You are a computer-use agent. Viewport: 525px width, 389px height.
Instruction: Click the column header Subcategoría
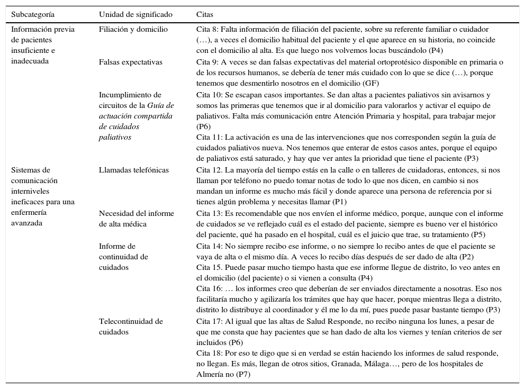(x=33, y=14)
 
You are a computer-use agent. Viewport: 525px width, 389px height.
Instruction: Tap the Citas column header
(x=205, y=14)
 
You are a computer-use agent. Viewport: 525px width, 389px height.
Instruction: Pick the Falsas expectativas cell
(x=130, y=62)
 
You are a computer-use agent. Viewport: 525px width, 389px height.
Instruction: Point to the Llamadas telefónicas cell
(x=134, y=170)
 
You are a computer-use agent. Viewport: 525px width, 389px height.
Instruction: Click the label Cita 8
(x=206, y=30)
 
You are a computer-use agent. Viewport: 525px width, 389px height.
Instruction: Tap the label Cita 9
(x=206, y=62)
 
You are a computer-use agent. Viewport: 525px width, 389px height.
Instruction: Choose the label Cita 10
(x=208, y=95)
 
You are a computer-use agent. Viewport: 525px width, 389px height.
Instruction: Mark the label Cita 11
(x=208, y=137)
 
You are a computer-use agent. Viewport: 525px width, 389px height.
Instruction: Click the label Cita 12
(x=208, y=170)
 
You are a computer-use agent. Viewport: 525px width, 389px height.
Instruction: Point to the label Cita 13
(x=208, y=213)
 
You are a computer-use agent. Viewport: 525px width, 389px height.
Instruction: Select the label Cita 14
(x=208, y=246)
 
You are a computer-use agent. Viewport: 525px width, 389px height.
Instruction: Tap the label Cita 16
(x=208, y=289)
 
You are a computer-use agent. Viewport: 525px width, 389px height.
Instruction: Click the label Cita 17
(x=208, y=321)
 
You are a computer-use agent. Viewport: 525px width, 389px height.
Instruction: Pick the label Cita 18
(x=208, y=353)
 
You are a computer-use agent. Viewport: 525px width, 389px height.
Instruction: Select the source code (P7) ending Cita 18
(x=243, y=374)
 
